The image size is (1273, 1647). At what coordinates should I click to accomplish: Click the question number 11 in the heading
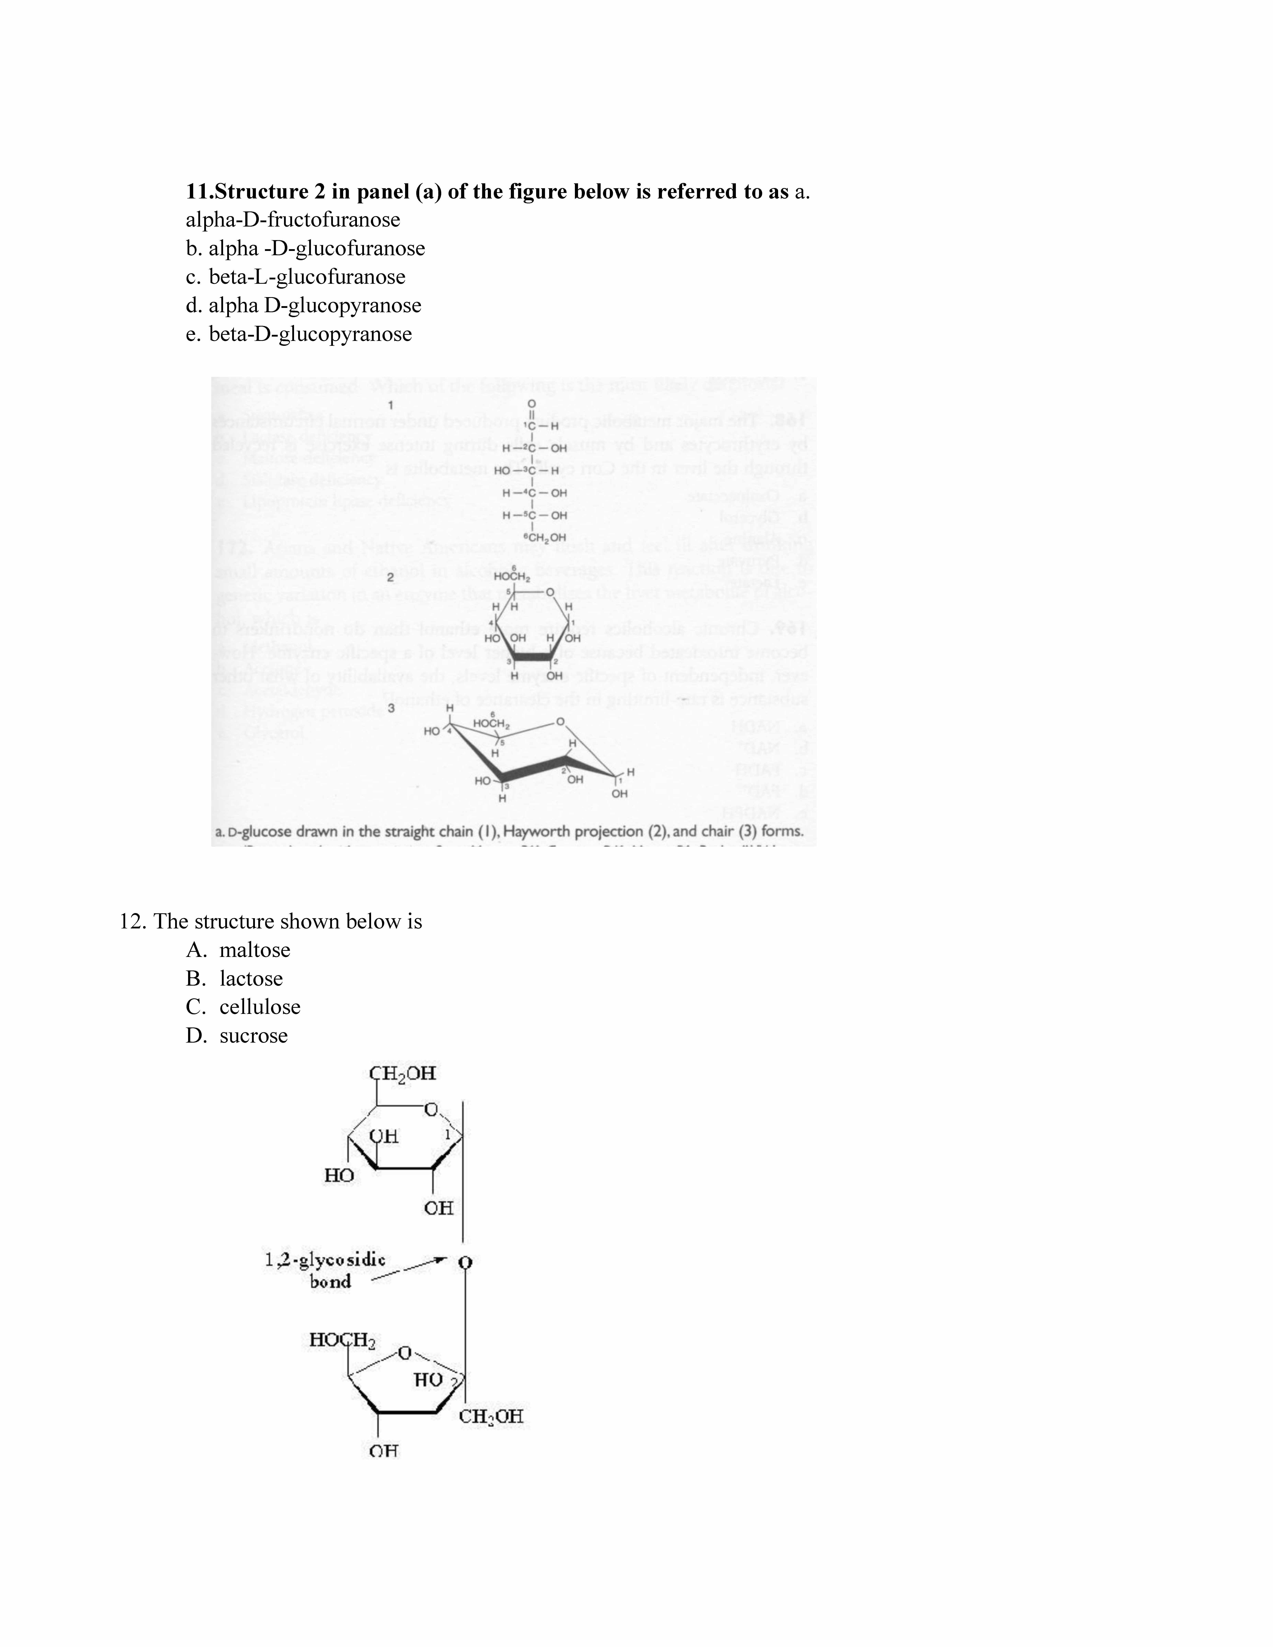pyautogui.click(x=199, y=192)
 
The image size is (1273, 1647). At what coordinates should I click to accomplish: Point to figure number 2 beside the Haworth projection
pyautogui.click(x=391, y=578)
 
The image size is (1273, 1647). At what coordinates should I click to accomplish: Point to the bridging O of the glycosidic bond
pyautogui.click(x=465, y=1262)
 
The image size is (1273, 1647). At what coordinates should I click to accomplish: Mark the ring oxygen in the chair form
pyautogui.click(x=560, y=722)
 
